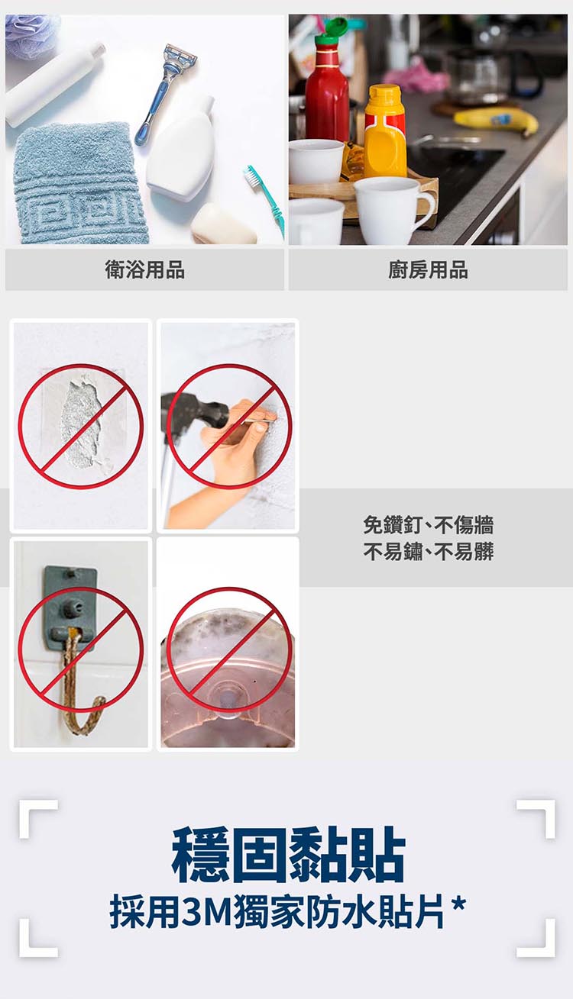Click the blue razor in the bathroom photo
(165, 90)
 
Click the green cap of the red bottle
(331, 32)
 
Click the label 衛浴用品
(144, 269)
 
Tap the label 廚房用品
(428, 269)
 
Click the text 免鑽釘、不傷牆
(428, 524)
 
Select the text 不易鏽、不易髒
(428, 551)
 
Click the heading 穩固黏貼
(288, 855)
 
